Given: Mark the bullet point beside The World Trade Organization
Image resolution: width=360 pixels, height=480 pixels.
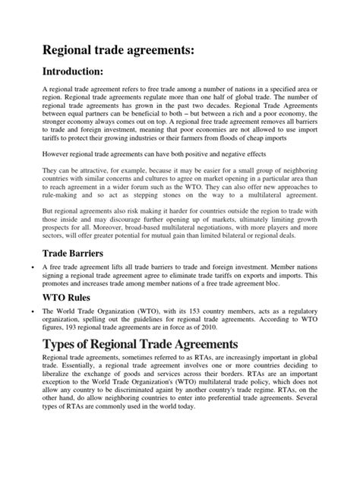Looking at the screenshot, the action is (x=29, y=312).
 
